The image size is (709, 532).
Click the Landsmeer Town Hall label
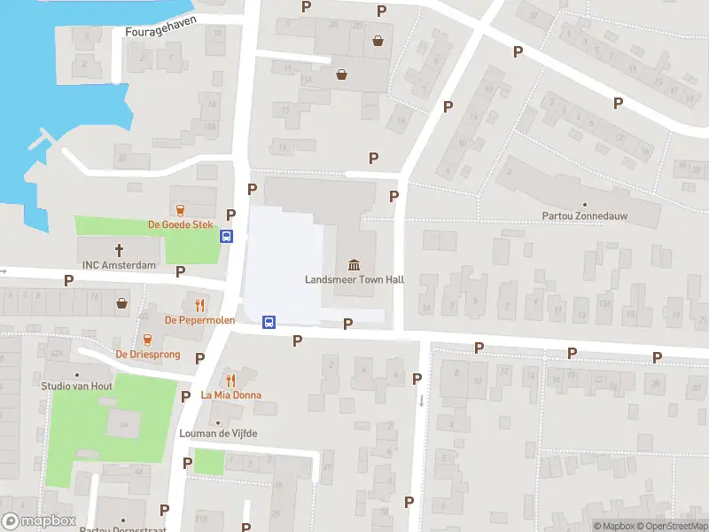[x=354, y=279]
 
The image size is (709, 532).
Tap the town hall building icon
[x=354, y=264]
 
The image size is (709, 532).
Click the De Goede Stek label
[x=181, y=225]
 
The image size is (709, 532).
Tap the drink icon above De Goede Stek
[x=181, y=210]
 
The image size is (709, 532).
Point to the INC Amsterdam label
[x=119, y=265]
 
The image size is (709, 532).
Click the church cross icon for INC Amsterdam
[x=119, y=250]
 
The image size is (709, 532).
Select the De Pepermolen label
[x=199, y=319]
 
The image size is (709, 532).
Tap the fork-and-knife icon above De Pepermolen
[x=199, y=303]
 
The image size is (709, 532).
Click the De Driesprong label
[x=148, y=354]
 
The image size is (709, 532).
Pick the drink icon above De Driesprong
[x=148, y=339]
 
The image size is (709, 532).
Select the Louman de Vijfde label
[x=217, y=433]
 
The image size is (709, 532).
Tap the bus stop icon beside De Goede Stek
[x=227, y=237]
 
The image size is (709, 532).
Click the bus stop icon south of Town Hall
[x=269, y=322]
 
